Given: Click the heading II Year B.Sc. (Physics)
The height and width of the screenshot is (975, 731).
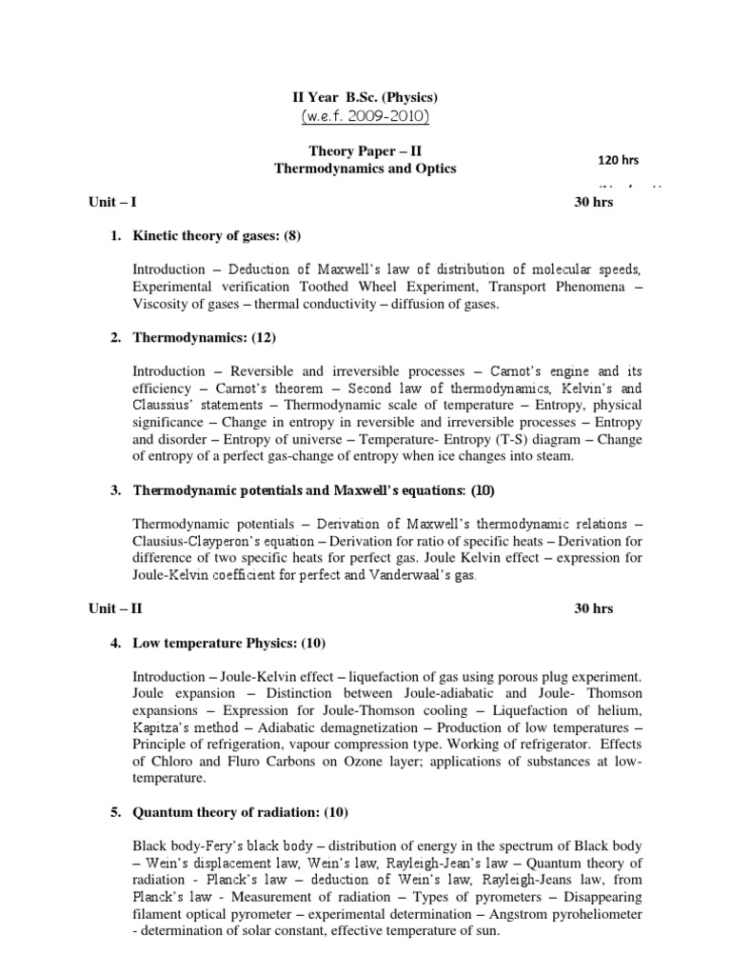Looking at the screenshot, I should [365, 97].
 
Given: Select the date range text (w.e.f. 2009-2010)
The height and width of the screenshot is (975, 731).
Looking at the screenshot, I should [365, 117].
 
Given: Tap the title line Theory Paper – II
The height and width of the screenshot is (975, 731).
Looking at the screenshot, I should [365, 150].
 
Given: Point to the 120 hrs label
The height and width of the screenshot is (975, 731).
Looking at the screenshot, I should [616, 159].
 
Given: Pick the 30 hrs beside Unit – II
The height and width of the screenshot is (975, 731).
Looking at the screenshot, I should [594, 608].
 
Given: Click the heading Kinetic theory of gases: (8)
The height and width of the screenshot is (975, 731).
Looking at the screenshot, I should [217, 235].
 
